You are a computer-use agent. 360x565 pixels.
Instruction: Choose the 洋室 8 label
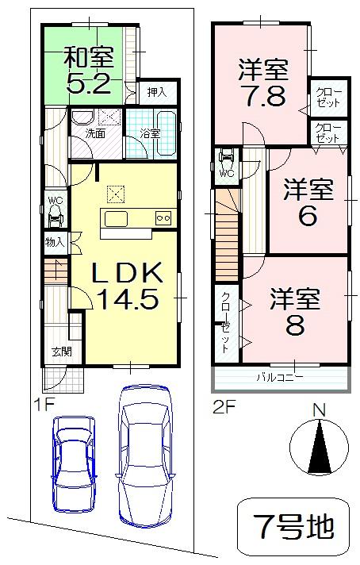coord(294,312)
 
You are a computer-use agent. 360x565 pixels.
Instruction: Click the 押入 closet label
coord(157,93)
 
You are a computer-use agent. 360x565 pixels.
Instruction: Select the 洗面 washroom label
coord(95,134)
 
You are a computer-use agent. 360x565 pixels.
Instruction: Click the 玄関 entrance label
coord(59,350)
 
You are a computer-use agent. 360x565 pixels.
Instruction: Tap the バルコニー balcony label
coord(278,378)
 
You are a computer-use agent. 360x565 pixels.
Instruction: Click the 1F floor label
coord(43,404)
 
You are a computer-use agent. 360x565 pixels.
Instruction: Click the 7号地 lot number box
coord(293,525)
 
